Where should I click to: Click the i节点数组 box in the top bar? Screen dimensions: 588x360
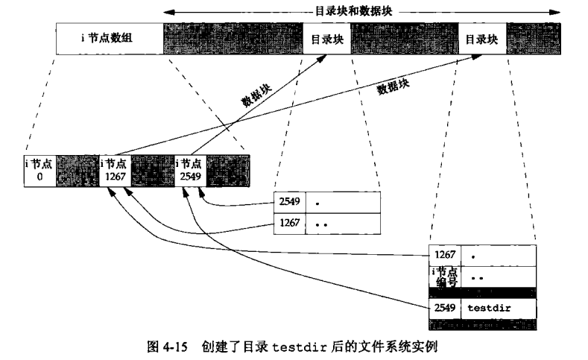point(109,38)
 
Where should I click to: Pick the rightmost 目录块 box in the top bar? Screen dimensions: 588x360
point(481,38)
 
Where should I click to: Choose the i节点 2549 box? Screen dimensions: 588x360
point(189,170)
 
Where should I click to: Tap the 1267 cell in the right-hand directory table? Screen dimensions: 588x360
point(446,256)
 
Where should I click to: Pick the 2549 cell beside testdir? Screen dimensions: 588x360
point(446,307)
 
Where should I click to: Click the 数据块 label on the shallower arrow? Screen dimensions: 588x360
point(393,86)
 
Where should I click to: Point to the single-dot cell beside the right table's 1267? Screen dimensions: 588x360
point(498,256)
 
